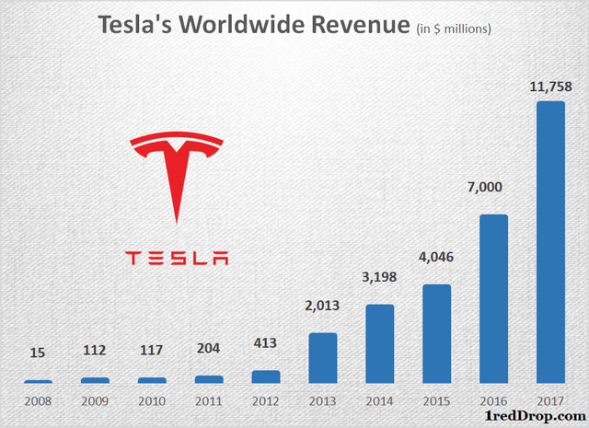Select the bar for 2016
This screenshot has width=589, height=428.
click(x=493, y=299)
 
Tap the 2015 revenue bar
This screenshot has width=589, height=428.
click(x=436, y=334)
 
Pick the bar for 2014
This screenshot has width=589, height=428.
click(x=379, y=343)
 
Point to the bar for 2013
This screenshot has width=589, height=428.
click(x=322, y=358)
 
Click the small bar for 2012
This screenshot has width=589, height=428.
click(x=265, y=376)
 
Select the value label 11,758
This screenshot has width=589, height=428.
click(x=550, y=86)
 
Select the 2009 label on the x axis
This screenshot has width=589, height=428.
click(x=95, y=401)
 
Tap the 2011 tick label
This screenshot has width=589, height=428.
click(x=209, y=401)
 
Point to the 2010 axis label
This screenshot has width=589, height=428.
click(x=152, y=401)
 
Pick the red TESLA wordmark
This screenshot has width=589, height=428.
click(x=176, y=258)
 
